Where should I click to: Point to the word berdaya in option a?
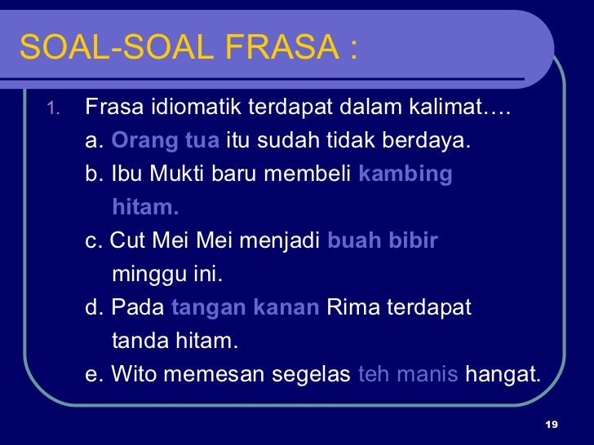(x=440, y=140)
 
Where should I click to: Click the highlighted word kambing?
(x=406, y=174)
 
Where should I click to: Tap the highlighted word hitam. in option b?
(x=145, y=207)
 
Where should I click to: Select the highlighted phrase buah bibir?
(x=383, y=241)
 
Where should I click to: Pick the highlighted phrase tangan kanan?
(x=246, y=308)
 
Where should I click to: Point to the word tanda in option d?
(x=140, y=341)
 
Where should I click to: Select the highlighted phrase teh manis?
(x=409, y=375)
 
